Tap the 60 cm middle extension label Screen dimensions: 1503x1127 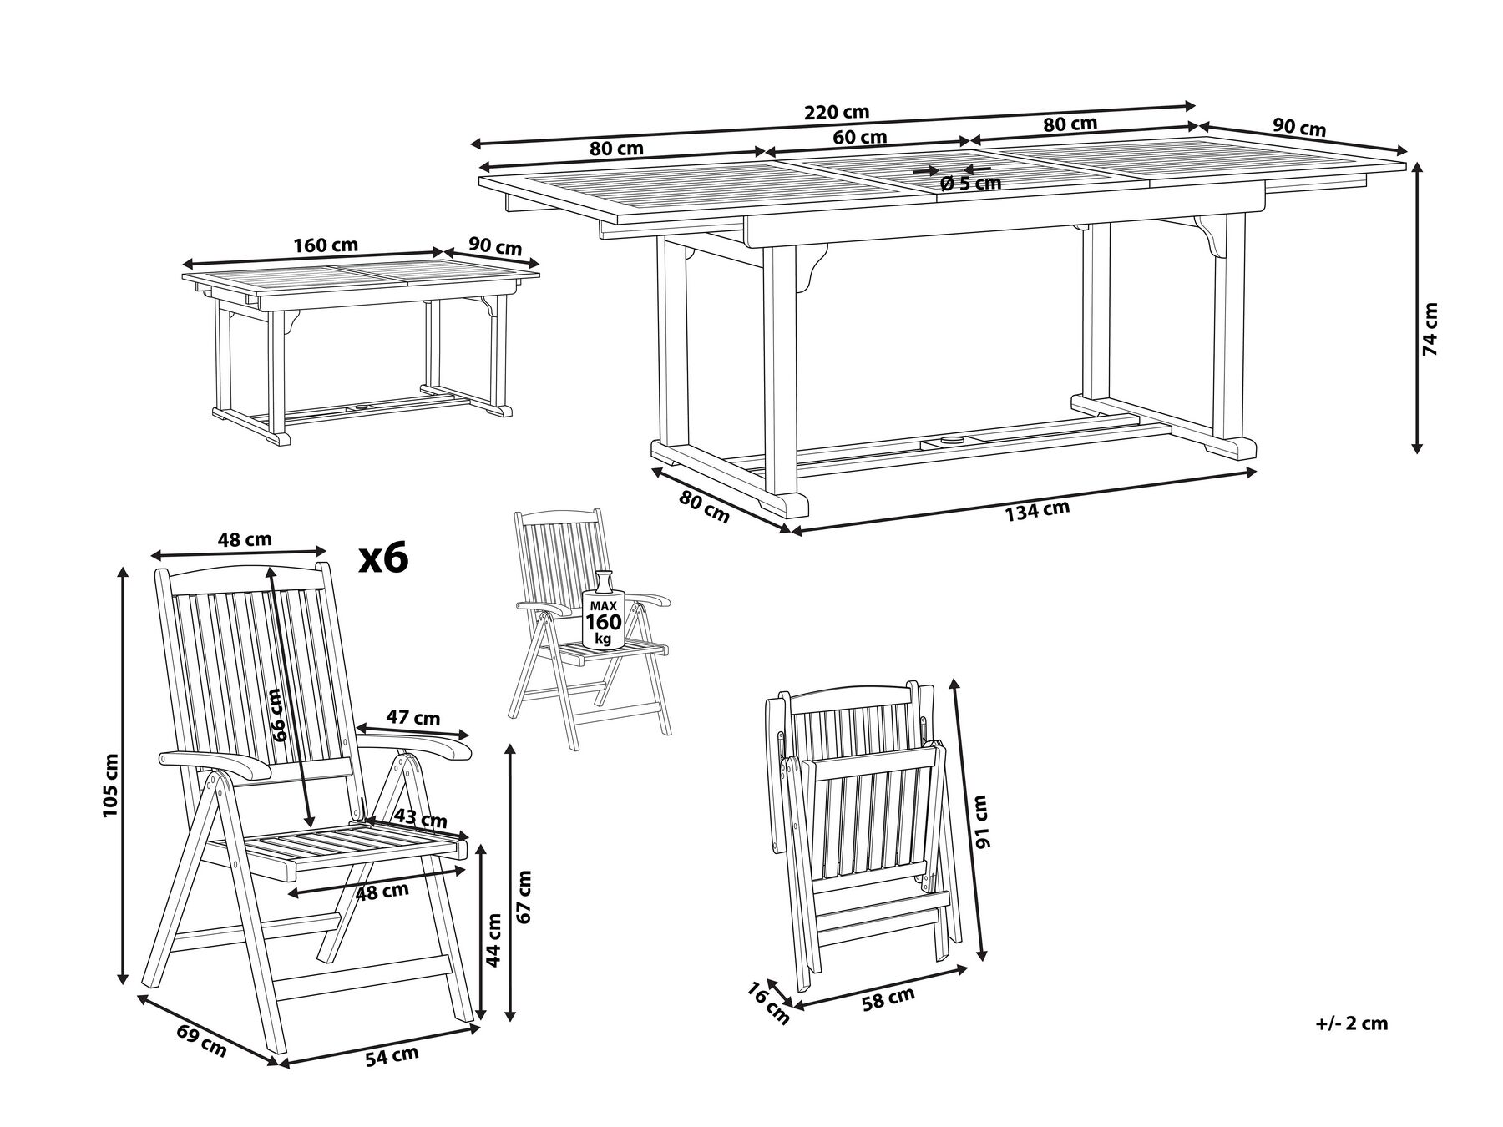click(860, 137)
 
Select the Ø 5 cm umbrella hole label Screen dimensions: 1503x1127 click(970, 183)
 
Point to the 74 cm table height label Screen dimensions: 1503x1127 click(1431, 329)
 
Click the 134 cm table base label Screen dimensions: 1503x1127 click(1037, 510)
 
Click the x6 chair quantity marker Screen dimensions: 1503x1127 click(383, 558)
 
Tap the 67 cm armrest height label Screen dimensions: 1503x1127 click(524, 897)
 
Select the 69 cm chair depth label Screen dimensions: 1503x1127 click(201, 1041)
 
